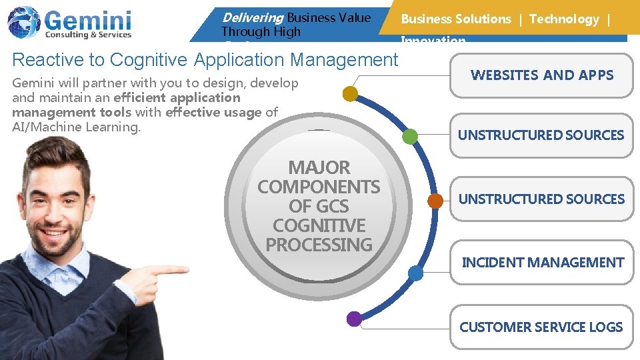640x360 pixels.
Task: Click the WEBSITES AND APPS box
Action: point(541,75)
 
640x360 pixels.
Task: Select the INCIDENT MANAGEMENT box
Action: point(543,263)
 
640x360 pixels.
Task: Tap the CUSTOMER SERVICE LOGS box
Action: point(541,327)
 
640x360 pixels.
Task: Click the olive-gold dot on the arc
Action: point(350,94)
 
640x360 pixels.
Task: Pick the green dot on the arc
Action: point(410,137)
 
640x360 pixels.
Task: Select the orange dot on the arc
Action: point(435,200)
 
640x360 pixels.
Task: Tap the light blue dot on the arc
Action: point(415,273)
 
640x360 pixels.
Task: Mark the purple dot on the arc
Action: point(355,319)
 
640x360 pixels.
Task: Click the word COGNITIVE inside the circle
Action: point(319,225)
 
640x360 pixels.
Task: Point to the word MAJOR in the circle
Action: point(319,167)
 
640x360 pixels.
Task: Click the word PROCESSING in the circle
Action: point(319,245)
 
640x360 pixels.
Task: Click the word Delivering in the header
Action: point(252,18)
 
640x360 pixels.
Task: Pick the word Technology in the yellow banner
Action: point(564,19)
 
